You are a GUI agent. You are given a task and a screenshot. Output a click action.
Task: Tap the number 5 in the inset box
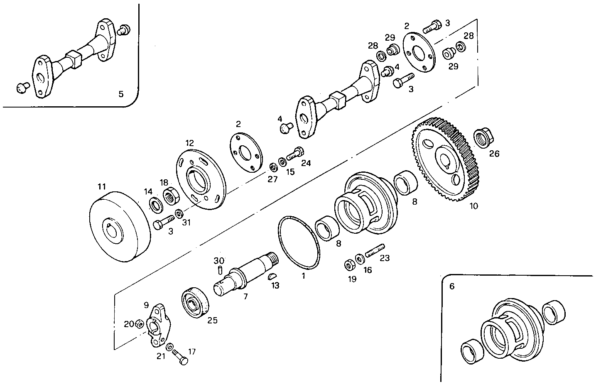tap(121, 94)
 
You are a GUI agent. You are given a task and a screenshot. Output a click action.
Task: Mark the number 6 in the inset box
tap(452, 286)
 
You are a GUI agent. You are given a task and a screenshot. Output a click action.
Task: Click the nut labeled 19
tap(349, 264)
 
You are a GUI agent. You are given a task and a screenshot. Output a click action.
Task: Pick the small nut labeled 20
tap(140, 324)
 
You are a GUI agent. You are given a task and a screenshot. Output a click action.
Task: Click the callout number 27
tap(272, 179)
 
